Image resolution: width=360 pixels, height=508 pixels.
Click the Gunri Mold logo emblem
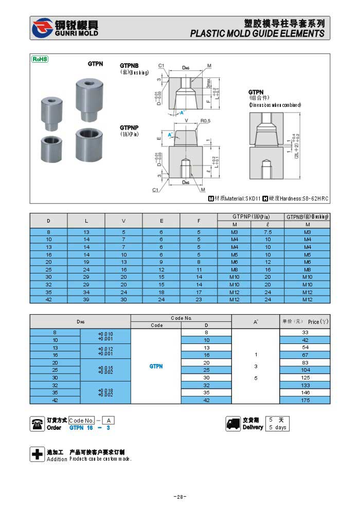[42, 28]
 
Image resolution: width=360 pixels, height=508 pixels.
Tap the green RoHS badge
[40, 59]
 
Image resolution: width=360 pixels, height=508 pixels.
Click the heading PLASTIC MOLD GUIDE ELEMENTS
[257, 33]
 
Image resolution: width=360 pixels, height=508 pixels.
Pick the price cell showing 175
[305, 400]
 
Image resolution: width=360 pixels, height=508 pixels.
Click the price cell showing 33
[305, 333]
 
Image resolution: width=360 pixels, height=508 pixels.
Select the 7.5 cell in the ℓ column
[267, 232]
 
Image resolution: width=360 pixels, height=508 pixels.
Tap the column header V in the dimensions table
[123, 221]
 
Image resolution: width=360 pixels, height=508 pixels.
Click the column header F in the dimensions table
[199, 221]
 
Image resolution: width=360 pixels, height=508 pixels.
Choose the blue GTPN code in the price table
[156, 367]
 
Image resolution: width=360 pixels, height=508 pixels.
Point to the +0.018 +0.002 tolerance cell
[105, 393]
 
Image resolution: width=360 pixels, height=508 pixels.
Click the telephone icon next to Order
[38, 424]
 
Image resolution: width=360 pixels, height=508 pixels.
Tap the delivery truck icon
[233, 424]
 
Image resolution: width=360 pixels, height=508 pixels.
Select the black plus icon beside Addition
[38, 455]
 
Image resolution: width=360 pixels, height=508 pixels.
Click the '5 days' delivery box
[278, 427]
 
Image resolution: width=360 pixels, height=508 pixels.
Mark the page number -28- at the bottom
[179, 497]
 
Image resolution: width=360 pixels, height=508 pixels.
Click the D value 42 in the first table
[49, 300]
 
